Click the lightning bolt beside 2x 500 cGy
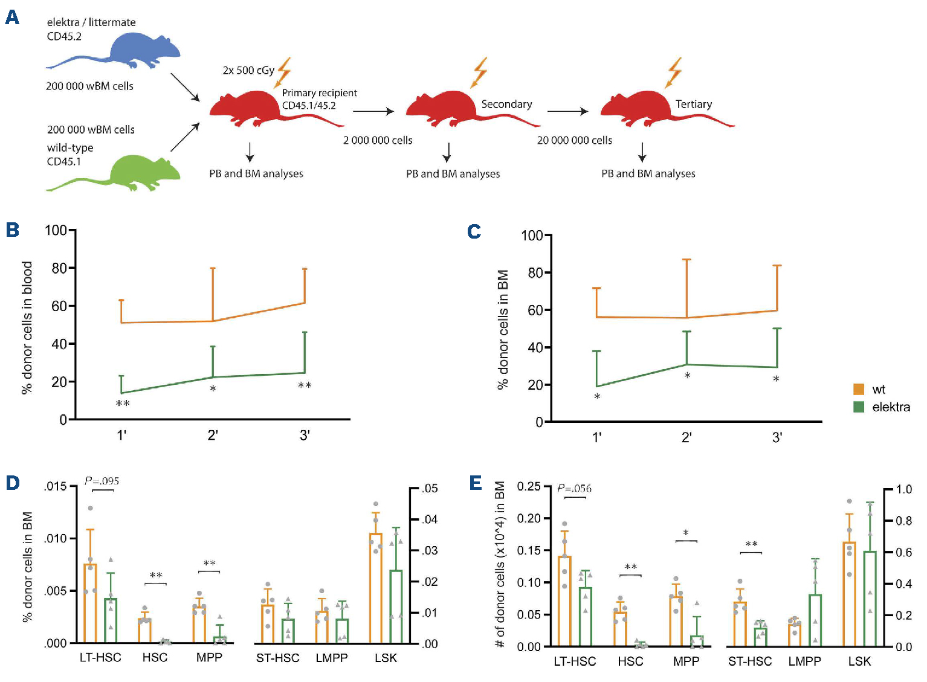click(284, 72)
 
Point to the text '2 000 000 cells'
click(378, 140)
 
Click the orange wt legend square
click(859, 390)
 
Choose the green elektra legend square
click(859, 407)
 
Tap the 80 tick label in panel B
click(59, 268)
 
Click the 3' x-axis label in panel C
click(777, 437)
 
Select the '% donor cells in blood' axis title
click(27, 327)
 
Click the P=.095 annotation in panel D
click(102, 481)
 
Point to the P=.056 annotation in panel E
click(574, 488)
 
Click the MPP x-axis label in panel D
click(209, 658)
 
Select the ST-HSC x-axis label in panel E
click(750, 661)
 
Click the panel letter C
click(474, 231)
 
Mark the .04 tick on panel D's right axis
click(430, 520)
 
